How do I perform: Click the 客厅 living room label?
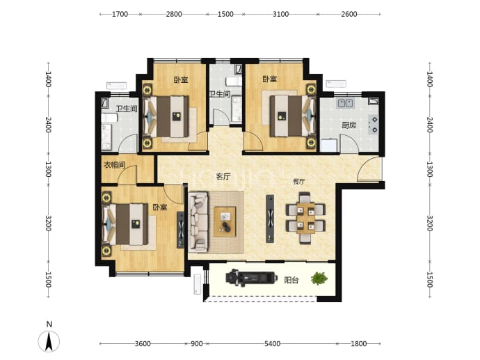pyautogui.click(x=223, y=176)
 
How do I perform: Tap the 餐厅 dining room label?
pyautogui.click(x=298, y=181)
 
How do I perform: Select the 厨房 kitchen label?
pyautogui.click(x=349, y=125)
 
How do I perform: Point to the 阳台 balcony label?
pyautogui.click(x=291, y=280)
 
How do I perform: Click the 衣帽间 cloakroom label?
pyautogui.click(x=115, y=165)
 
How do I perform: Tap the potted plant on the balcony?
pyautogui.click(x=319, y=279)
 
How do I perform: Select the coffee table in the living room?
pyautogui.click(x=225, y=222)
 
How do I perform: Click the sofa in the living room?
pyautogui.click(x=198, y=222)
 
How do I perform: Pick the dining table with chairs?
pyautogui.click(x=305, y=218)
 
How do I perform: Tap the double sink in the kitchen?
pyautogui.click(x=345, y=103)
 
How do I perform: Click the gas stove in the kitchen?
pyautogui.click(x=374, y=125)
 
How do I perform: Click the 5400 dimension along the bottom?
pyautogui.click(x=272, y=344)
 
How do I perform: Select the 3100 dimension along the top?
pyautogui.click(x=280, y=14)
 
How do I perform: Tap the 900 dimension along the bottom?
pyautogui.click(x=197, y=344)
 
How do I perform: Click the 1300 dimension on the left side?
pyautogui.click(x=48, y=169)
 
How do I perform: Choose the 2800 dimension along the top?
pyautogui.click(x=174, y=14)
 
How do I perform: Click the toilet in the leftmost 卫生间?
pyautogui.click(x=109, y=118)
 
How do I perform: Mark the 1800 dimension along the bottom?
pyautogui.click(x=359, y=344)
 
